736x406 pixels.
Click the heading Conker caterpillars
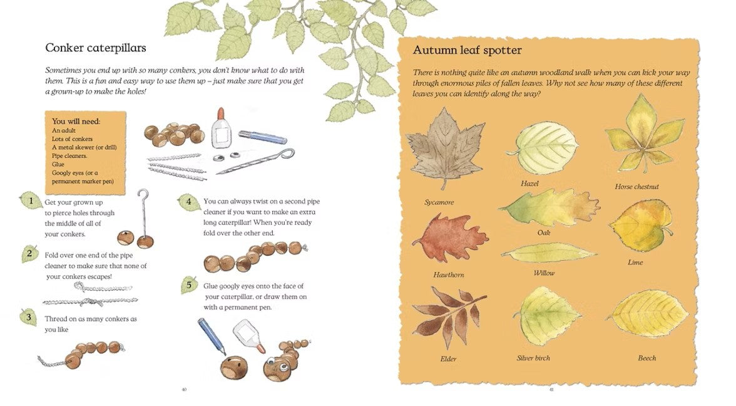point(96,48)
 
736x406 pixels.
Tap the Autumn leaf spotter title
point(467,50)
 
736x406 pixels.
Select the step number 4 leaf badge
point(189,202)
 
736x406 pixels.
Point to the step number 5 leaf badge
point(189,284)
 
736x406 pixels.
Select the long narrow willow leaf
point(548,253)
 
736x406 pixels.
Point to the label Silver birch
point(533,358)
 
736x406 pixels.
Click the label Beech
point(647,358)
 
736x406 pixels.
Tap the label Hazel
point(529,184)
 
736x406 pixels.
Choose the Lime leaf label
point(635,262)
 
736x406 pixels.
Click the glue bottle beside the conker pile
point(221,128)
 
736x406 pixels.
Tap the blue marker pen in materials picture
point(262,137)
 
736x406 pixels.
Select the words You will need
point(76,122)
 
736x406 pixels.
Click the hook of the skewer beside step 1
point(143,194)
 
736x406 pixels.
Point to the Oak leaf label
point(543,232)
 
